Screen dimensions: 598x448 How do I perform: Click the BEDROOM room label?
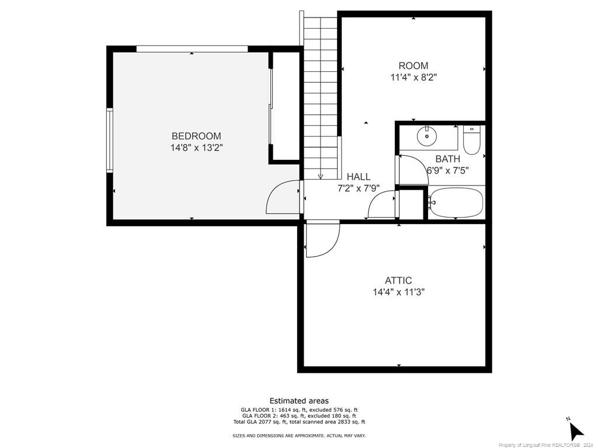coord(196,136)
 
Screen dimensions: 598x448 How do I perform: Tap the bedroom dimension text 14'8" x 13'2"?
coord(196,148)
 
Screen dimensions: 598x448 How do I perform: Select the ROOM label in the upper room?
coord(413,65)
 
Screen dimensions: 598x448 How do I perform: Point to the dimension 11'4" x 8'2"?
coord(413,78)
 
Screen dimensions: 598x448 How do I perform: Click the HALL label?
coord(359,177)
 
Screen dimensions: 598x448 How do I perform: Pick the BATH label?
coord(448,159)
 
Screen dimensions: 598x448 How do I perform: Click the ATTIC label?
coord(398,281)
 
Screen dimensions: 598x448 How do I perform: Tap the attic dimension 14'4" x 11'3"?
coord(398,293)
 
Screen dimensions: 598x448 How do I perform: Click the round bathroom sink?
coord(427,136)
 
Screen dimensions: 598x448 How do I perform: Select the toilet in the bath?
coord(471,140)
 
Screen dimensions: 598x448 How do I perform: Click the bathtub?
coord(456,202)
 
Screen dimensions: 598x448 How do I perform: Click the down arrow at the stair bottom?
coord(321,176)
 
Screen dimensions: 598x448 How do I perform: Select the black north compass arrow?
coord(575,430)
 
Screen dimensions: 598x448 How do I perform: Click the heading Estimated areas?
coord(299,401)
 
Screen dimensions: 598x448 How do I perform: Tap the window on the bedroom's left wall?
coord(110,140)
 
